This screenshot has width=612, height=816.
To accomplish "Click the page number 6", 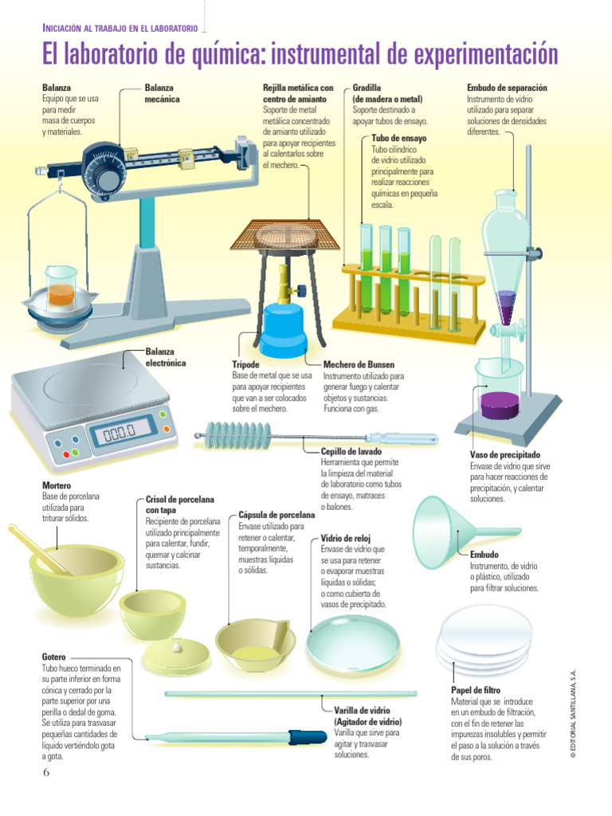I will coord(46,772).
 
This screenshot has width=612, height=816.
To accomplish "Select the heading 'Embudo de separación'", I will coord(507,88).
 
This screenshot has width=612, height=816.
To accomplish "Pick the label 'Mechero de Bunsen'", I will coord(359,364).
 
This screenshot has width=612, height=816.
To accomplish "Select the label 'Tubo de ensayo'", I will coord(398,138).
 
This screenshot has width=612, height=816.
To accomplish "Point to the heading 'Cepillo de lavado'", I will coord(351,451).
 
